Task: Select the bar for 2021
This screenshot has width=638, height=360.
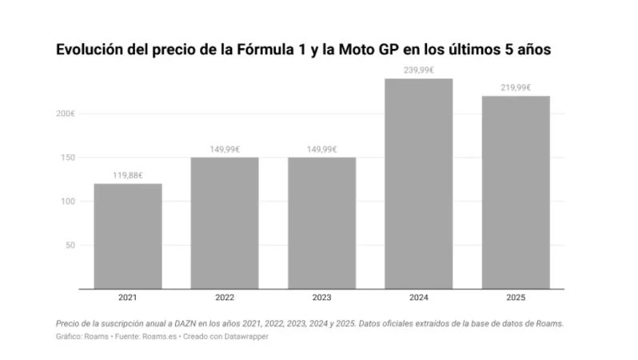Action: (x=128, y=236)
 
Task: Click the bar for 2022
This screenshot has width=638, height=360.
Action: (x=225, y=222)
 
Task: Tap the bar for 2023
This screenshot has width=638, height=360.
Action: (x=321, y=222)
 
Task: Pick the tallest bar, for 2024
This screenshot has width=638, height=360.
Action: (x=419, y=183)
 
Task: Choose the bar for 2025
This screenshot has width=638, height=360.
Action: (x=516, y=192)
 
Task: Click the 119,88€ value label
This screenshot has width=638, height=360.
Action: (x=128, y=175)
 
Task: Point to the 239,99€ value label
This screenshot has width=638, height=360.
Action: (x=419, y=70)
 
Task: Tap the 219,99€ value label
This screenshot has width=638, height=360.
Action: (x=516, y=87)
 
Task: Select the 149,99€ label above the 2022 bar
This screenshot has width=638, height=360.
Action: (x=225, y=149)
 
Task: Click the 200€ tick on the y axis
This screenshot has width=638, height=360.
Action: (x=66, y=114)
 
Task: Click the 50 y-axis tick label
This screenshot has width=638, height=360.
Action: (x=70, y=245)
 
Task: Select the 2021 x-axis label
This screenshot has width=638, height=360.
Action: (x=128, y=298)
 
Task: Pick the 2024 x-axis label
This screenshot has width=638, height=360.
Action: (x=419, y=298)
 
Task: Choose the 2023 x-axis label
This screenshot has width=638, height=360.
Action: (x=321, y=298)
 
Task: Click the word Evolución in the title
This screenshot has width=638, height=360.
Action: (x=90, y=50)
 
